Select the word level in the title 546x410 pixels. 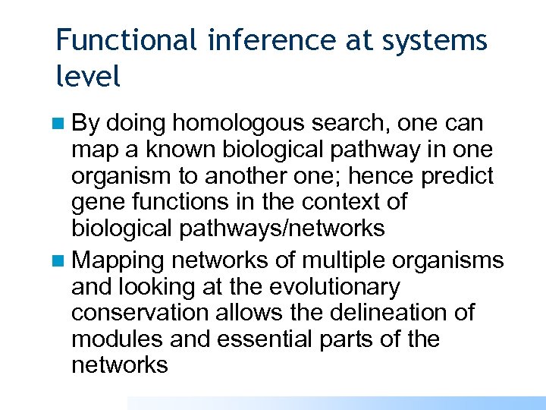[88, 76]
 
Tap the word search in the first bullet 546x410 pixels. [359, 125]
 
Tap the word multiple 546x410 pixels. [344, 261]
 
